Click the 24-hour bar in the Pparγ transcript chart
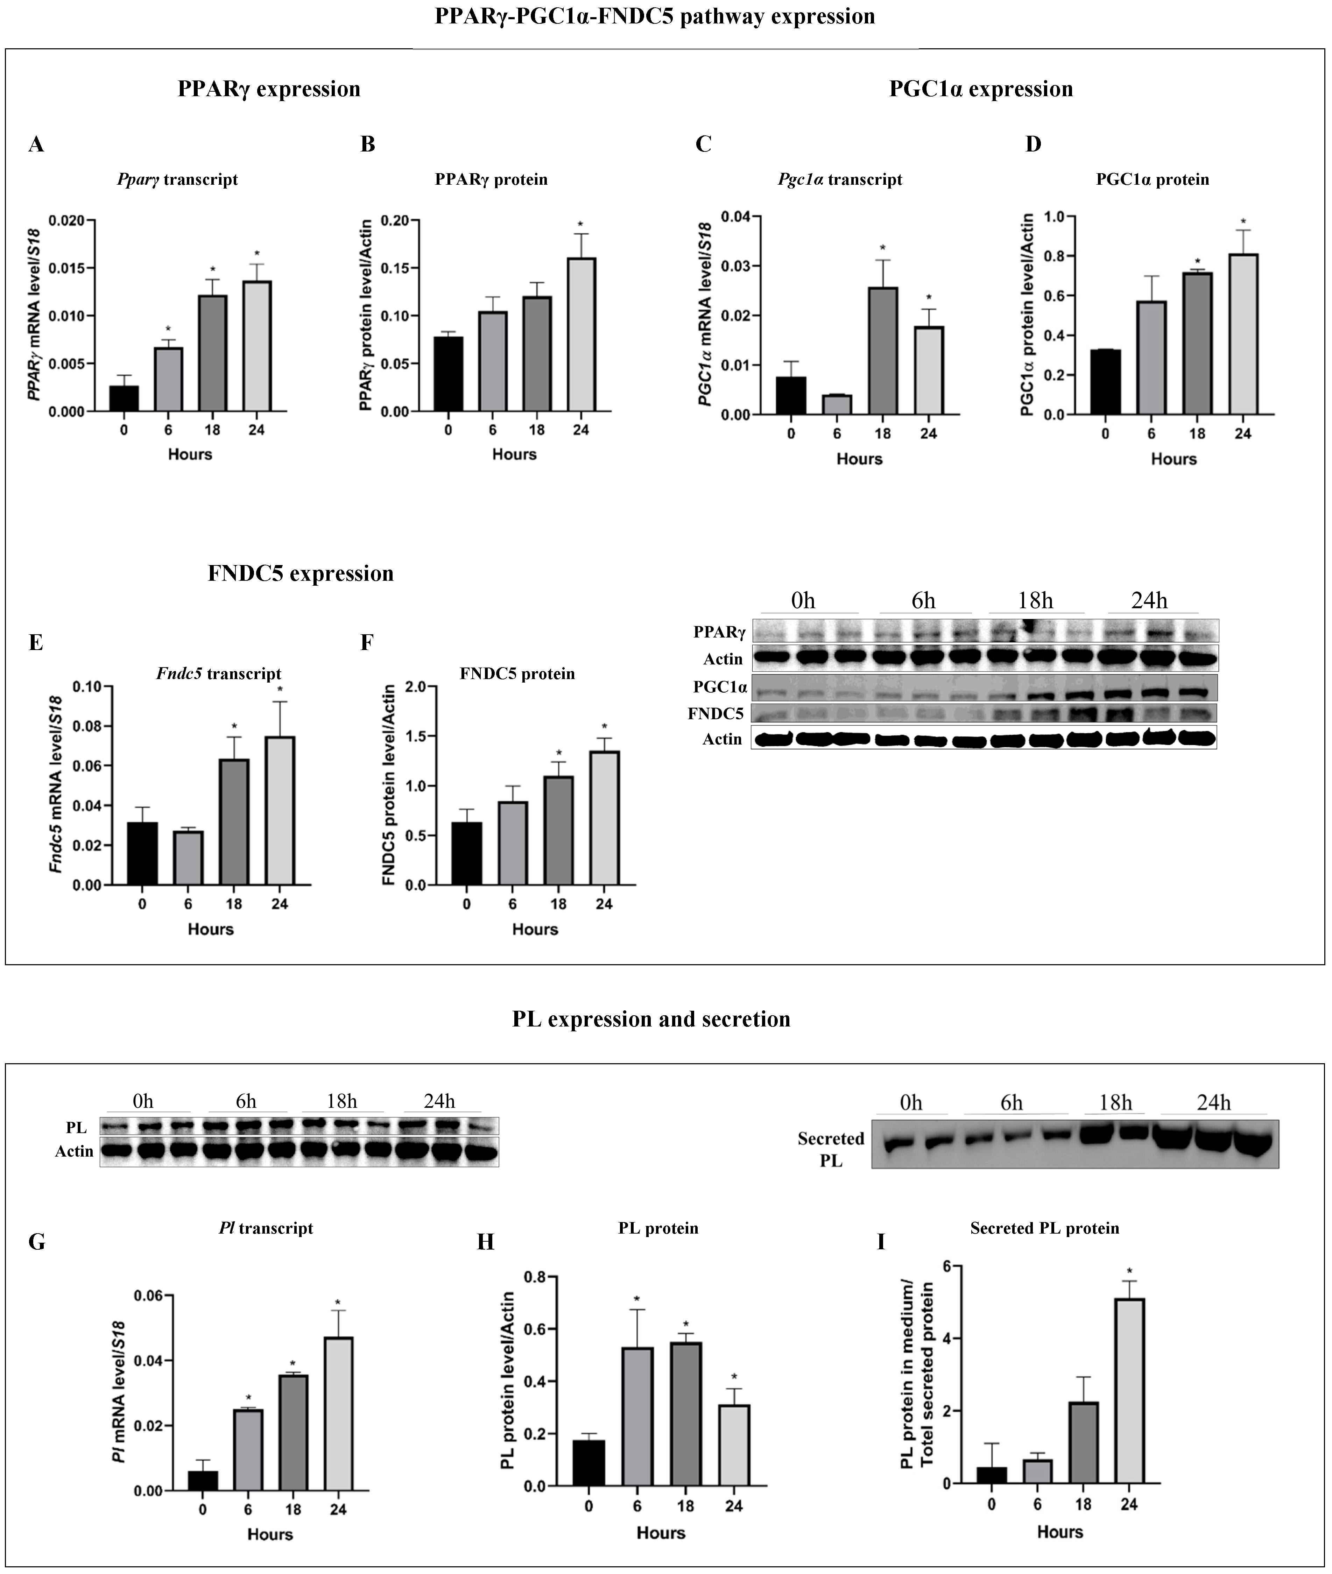pos(257,346)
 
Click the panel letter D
pos(1033,144)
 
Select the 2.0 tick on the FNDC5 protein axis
pos(415,686)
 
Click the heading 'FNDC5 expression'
pos(301,574)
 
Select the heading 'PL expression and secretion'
pos(651,1019)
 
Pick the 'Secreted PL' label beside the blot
pos(831,1149)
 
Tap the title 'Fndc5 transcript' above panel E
pos(219,673)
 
